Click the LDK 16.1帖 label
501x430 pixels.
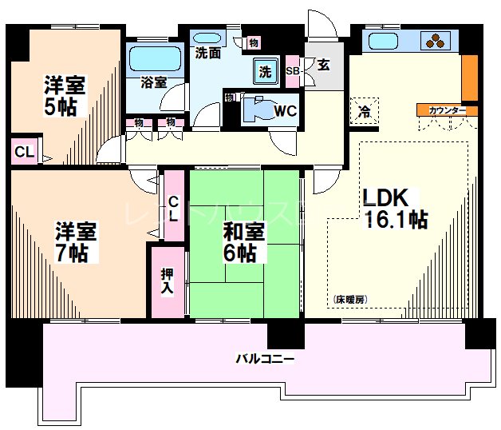[395, 209]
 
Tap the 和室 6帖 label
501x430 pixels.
[239, 244]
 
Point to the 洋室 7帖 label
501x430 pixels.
[75, 242]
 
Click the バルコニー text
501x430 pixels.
[264, 359]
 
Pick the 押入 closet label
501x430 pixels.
[167, 281]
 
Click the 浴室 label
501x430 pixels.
[154, 82]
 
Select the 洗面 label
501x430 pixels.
[208, 54]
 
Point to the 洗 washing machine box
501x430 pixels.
[264, 71]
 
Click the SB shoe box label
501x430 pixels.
[292, 70]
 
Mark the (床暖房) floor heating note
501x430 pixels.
[349, 299]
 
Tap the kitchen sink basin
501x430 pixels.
[382, 41]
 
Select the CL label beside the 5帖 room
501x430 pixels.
[22, 152]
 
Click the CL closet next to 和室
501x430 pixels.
[173, 205]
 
